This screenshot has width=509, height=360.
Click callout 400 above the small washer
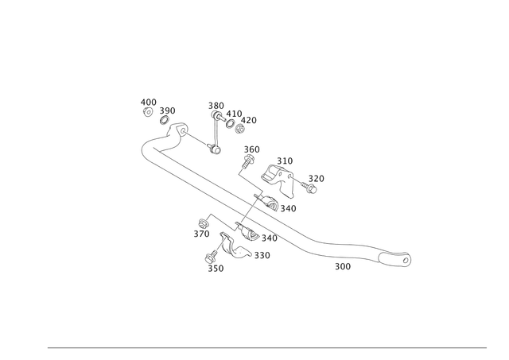coord(147,100)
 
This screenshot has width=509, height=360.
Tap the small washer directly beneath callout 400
coord(147,112)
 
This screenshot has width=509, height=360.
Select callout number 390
coord(167,110)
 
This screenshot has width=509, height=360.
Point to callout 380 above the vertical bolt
coord(216,104)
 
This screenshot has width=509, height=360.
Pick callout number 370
coord(252,119)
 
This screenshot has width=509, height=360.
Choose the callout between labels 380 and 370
coord(235,113)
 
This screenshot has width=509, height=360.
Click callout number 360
coord(252,149)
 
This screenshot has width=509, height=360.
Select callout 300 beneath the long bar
coord(343,267)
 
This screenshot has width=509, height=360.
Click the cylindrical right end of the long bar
coord(406,258)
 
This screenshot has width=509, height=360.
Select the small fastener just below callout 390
coord(169,121)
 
